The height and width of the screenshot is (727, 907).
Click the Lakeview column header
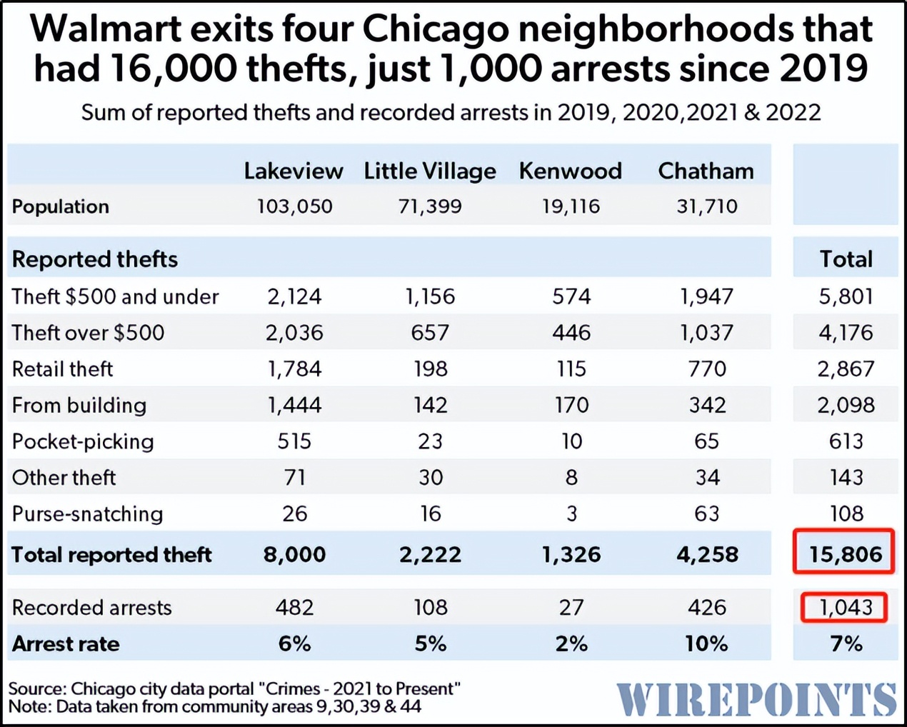(294, 171)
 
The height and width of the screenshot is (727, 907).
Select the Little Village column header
(430, 171)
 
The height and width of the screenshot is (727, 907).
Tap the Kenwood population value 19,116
(571, 207)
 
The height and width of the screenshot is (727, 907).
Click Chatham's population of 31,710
(706, 207)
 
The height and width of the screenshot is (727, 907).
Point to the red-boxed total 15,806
(845, 554)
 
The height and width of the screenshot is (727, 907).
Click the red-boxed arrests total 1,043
(845, 608)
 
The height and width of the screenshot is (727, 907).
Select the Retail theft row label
(63, 369)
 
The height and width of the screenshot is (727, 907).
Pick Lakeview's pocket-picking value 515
(294, 441)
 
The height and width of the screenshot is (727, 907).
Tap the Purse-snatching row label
(87, 514)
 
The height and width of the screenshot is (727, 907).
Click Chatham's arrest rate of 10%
(706, 644)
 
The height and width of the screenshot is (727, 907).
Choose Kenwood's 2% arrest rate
(571, 644)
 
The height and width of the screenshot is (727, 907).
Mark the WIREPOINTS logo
(756, 699)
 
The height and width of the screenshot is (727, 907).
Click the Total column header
(846, 259)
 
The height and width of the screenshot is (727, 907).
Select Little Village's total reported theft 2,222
(430, 555)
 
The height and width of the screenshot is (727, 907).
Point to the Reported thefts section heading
(95, 259)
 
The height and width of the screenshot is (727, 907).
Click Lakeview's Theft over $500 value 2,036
(294, 333)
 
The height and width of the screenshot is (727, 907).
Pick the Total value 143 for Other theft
(846, 478)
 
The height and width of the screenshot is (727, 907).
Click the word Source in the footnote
(37, 689)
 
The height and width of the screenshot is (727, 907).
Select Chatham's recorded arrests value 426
(706, 608)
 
